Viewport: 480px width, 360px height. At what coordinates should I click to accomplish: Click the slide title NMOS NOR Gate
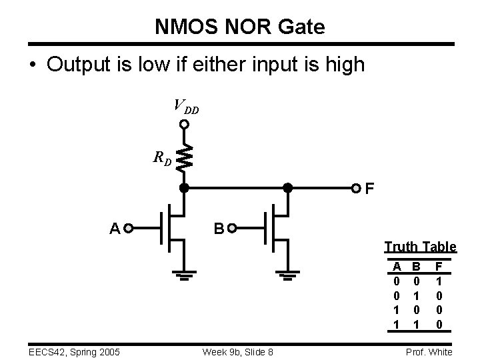[x=240, y=27]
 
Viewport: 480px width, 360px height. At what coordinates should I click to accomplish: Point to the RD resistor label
[x=162, y=159]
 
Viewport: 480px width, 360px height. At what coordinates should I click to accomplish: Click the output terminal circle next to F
[x=357, y=188]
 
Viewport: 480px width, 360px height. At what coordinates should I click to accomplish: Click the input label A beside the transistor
[x=115, y=229]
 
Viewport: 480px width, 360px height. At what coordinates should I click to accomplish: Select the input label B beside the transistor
[x=218, y=229]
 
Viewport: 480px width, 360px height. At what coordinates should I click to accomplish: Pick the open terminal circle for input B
[x=232, y=229]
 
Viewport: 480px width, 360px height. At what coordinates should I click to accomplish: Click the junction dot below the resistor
[x=185, y=188]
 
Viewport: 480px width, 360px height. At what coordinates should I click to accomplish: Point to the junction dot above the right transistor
[x=288, y=188]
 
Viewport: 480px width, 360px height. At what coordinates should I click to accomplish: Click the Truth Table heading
[x=420, y=247]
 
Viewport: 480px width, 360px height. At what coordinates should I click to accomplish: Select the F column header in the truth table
[x=439, y=265]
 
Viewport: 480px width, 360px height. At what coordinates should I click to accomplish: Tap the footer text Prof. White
[x=430, y=352]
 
